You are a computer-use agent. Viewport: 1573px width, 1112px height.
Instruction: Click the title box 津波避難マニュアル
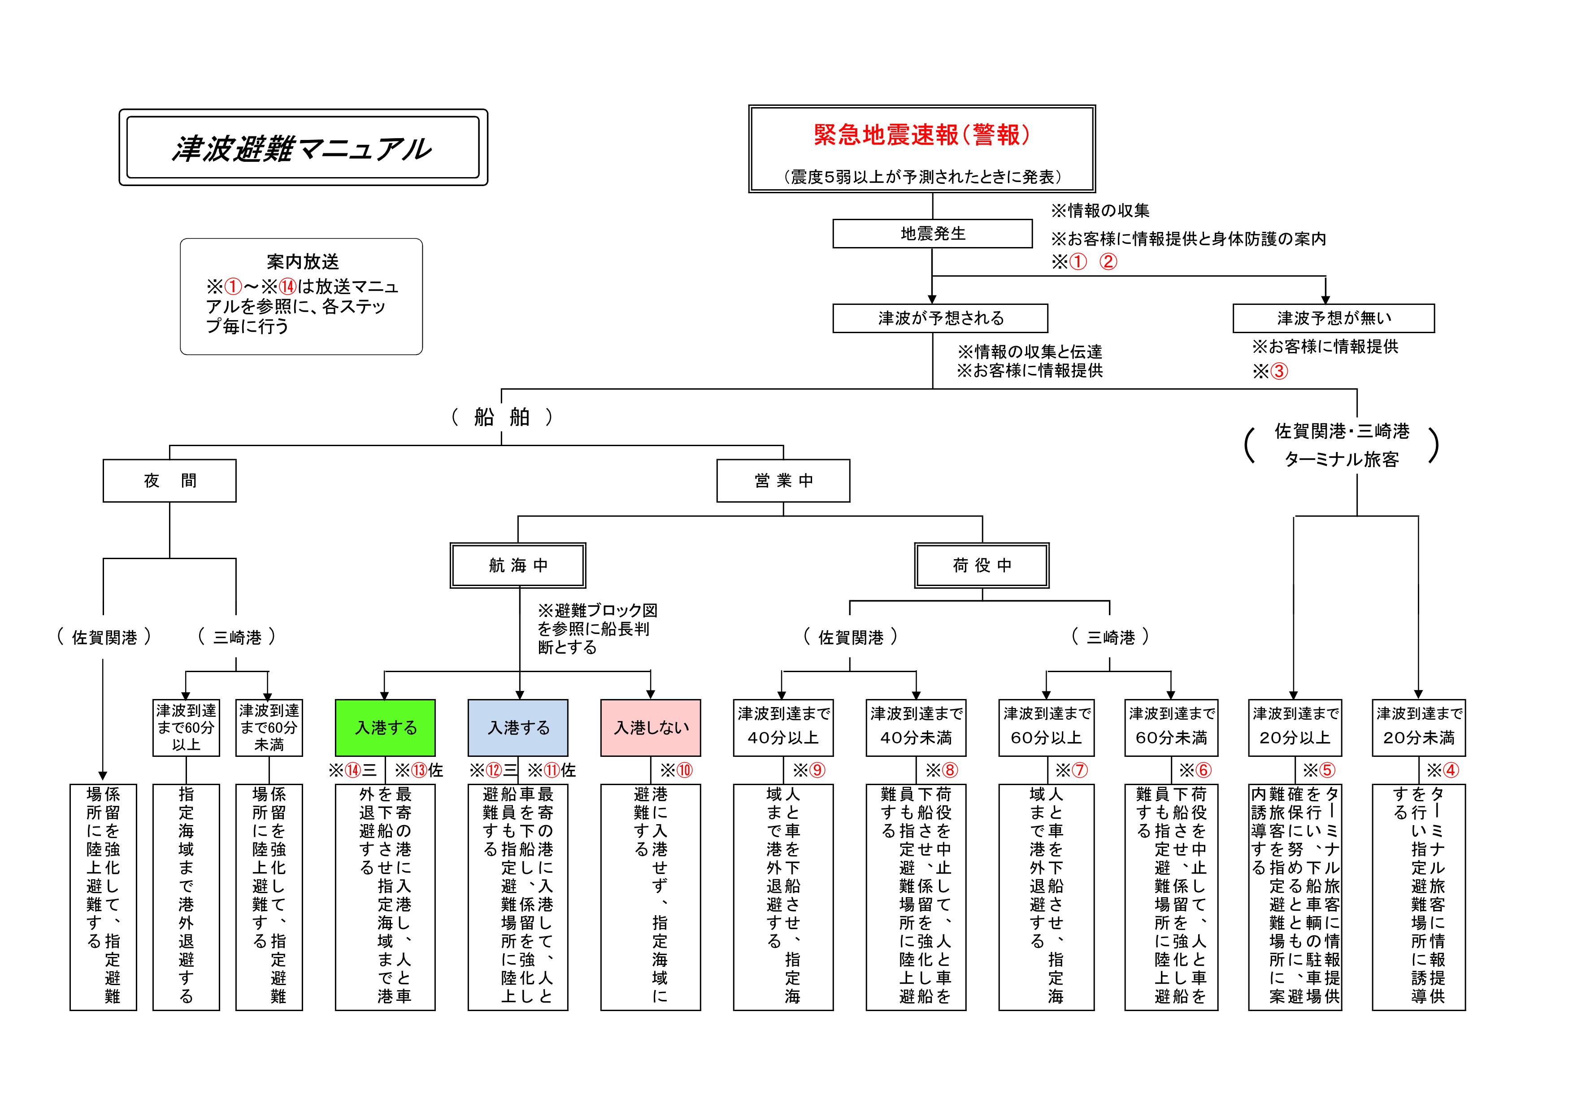tap(303, 148)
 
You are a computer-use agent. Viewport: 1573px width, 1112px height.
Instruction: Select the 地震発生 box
tap(932, 234)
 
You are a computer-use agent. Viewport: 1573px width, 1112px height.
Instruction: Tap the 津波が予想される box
tap(940, 318)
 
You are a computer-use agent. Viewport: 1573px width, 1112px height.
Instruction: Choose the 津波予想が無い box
tap(1333, 318)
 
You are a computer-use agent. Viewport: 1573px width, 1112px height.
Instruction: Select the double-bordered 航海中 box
tap(518, 565)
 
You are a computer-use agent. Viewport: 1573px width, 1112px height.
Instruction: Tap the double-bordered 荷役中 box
tap(982, 565)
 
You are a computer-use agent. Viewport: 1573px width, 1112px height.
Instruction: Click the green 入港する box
tap(385, 728)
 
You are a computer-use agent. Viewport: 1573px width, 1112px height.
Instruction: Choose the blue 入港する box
tap(518, 728)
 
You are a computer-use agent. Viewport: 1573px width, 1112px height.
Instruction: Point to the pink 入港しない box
tap(651, 728)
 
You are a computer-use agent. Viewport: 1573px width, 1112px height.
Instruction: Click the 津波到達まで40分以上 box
tap(783, 728)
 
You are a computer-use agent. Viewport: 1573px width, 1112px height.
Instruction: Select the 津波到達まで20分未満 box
tap(1418, 728)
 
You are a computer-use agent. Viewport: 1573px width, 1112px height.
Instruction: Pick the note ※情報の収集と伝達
tap(1030, 352)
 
